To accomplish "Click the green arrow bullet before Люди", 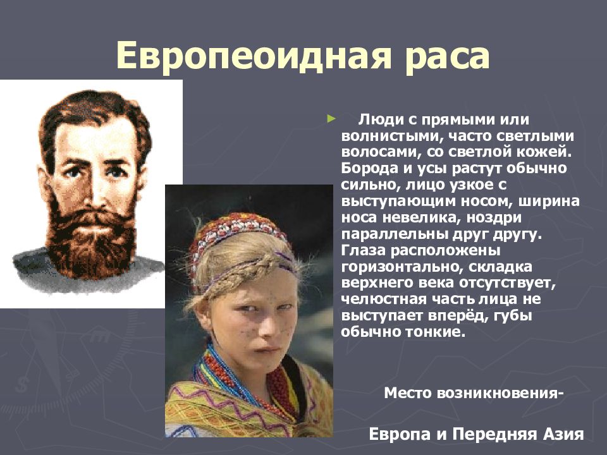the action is (331, 118).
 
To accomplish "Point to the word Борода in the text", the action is (369, 168).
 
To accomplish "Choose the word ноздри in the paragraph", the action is (494, 218).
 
